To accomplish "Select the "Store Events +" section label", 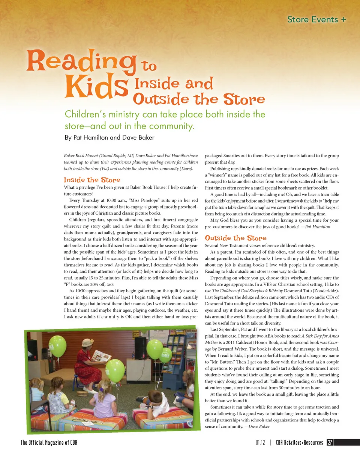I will point(316,19).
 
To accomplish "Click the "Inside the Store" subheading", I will point(92,180).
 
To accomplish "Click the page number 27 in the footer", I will point(330,442).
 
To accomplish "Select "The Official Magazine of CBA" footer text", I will point(49,443).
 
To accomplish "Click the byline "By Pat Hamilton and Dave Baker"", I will point(109,137).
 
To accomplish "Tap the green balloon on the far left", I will point(58,346).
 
